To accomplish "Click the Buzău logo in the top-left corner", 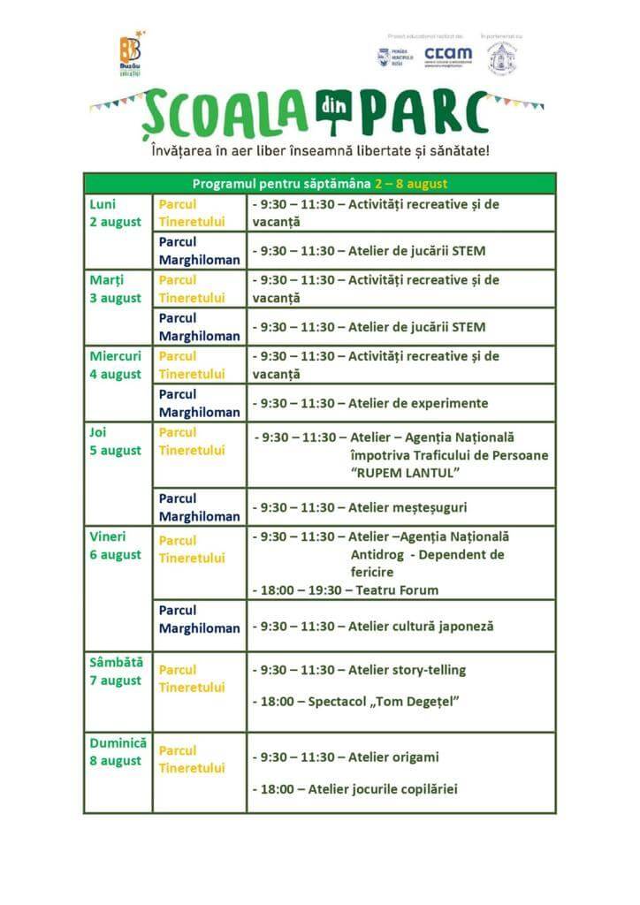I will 132,55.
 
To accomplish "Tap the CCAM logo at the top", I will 447,55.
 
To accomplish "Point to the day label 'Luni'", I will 103,204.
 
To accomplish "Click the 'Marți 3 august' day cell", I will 116,289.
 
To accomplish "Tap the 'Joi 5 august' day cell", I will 116,441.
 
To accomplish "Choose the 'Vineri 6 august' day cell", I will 116,545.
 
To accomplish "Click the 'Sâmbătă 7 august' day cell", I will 117,671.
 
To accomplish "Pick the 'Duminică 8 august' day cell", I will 118,751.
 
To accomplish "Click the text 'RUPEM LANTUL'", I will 406,473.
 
